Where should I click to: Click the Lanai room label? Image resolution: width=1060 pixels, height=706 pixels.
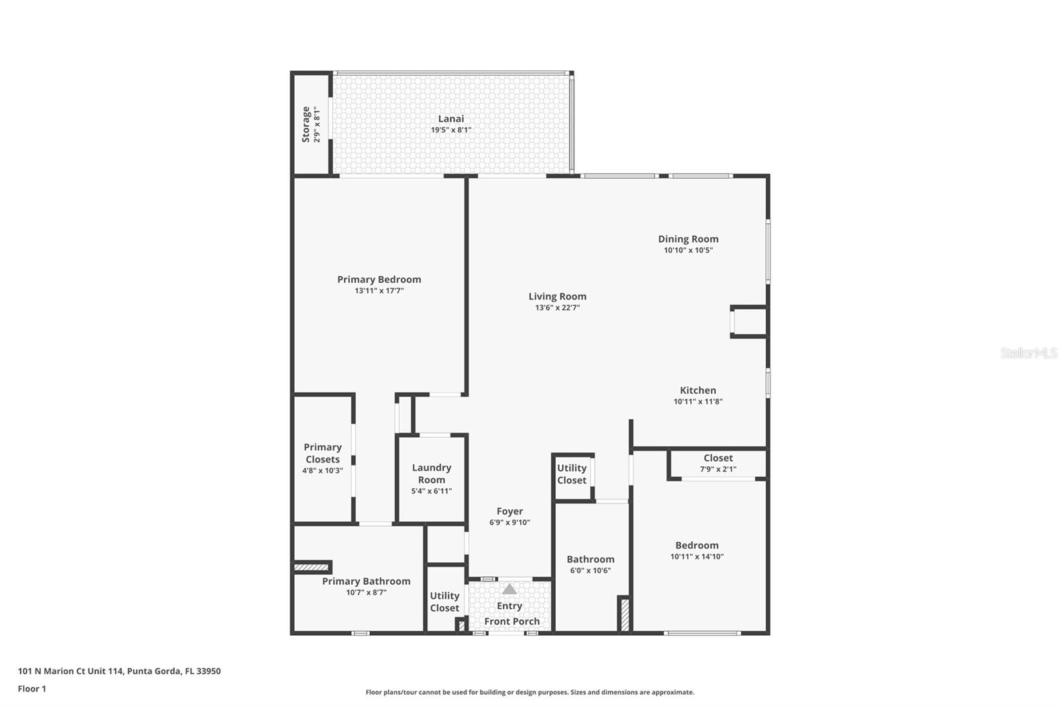[450, 119]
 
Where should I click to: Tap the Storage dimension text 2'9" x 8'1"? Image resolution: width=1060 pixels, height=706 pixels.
[317, 125]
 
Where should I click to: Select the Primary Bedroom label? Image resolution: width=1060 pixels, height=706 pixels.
[379, 279]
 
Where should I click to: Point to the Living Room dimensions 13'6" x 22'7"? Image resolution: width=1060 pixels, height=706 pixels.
[557, 307]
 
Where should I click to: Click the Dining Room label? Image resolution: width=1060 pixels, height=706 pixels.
[688, 240]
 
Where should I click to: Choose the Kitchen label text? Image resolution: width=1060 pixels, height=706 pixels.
[698, 390]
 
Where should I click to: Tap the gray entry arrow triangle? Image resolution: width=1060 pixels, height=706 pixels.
[509, 589]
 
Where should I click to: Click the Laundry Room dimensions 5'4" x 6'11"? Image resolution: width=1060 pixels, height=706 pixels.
[431, 491]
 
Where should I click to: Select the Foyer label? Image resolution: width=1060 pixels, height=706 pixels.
[509, 511]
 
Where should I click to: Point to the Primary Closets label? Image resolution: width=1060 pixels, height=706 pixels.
[323, 453]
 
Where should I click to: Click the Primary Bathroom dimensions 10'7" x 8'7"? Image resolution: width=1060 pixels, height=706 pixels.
[366, 593]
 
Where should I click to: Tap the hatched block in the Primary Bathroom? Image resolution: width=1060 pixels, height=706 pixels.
[311, 567]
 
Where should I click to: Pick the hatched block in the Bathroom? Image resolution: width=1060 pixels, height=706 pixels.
[625, 615]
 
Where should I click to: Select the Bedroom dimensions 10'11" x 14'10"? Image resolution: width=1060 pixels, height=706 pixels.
[697, 556]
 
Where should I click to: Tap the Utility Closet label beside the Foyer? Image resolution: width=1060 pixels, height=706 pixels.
[572, 474]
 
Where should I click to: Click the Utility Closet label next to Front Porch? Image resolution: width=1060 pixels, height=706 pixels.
[445, 602]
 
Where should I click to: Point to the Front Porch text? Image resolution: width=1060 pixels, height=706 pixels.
[512, 621]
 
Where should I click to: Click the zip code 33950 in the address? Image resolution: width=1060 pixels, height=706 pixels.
[209, 671]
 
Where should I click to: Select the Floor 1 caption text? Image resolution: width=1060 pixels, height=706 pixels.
[32, 689]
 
